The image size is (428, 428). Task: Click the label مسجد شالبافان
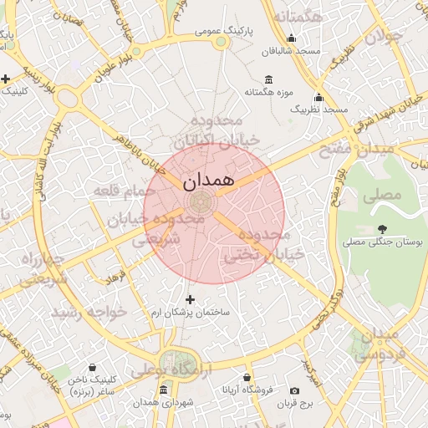tap(291, 51)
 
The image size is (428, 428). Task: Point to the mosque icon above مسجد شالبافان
tap(291, 38)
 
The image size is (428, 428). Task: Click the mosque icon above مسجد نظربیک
tap(318, 96)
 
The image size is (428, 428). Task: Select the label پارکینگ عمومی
tap(224, 30)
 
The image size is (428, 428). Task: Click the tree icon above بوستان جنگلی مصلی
tap(382, 228)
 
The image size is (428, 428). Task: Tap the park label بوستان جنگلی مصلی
tap(384, 242)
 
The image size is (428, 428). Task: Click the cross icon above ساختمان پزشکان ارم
tap(190, 298)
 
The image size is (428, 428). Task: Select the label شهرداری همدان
tap(163, 404)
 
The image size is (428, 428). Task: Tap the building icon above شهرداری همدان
tap(163, 390)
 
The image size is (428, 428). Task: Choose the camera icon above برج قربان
tap(294, 390)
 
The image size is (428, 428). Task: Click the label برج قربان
tap(294, 404)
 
